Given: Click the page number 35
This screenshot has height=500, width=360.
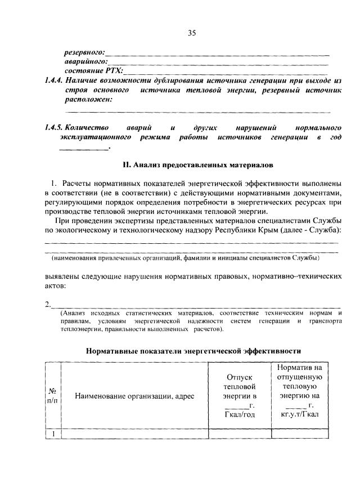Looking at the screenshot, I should [191, 33].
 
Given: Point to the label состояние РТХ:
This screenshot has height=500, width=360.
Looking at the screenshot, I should [93, 71].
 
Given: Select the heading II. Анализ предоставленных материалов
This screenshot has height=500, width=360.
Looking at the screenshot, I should [198, 166].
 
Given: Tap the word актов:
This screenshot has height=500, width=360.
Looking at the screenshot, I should [56, 285].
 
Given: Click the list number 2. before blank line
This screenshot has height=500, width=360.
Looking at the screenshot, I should [48, 304].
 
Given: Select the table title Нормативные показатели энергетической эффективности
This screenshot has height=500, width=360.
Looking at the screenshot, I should [193, 350].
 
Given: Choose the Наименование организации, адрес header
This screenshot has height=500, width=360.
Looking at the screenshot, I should [134, 396].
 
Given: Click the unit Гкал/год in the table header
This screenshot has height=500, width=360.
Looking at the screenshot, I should [240, 415].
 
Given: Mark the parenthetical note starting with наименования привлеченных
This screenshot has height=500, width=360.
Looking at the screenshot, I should [186, 258].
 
